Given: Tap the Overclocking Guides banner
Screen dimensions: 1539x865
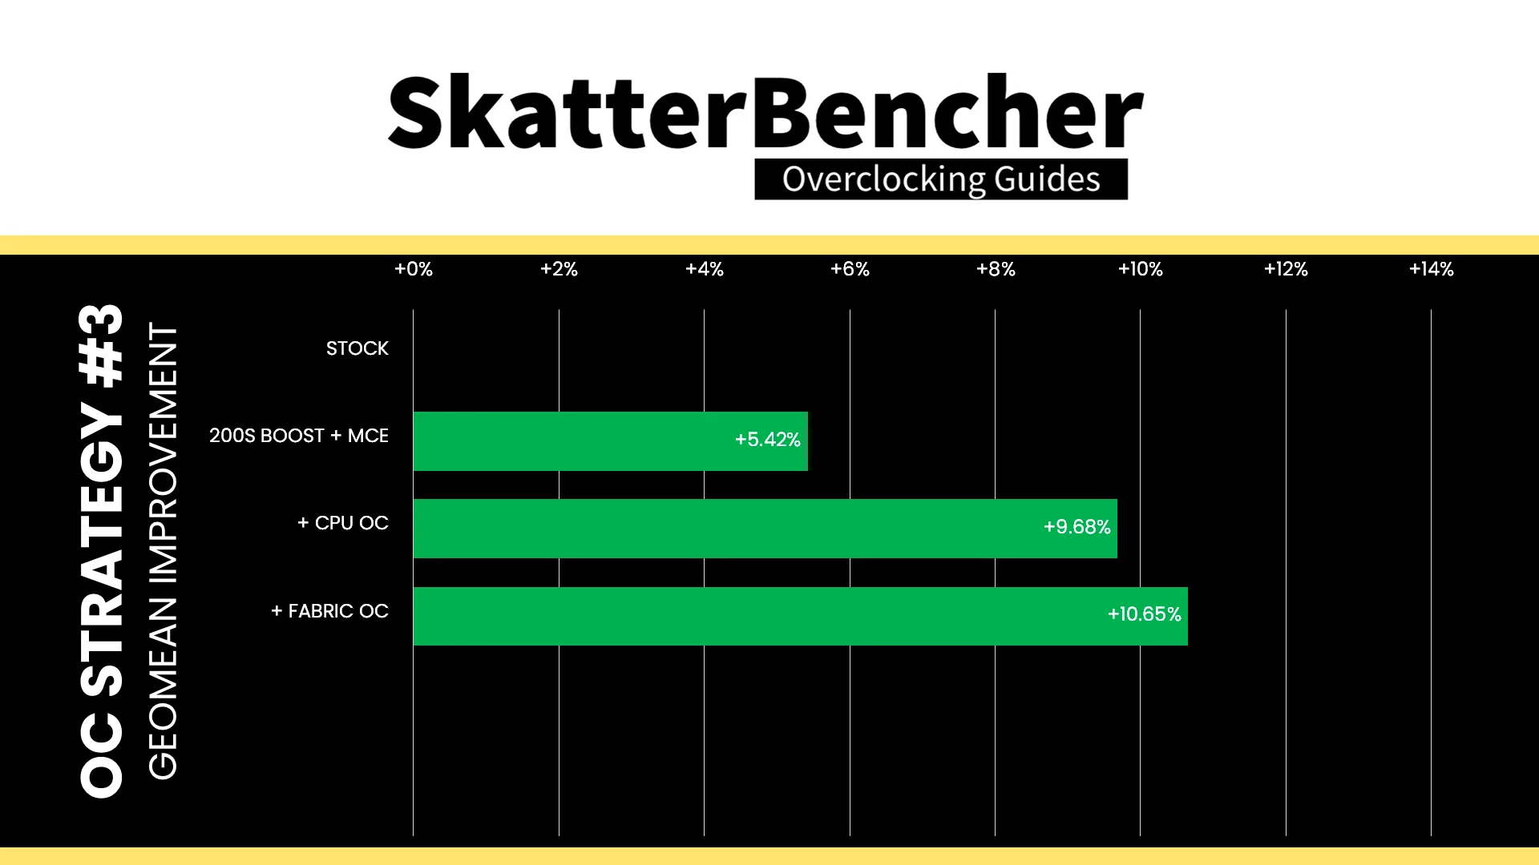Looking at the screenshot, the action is [941, 179].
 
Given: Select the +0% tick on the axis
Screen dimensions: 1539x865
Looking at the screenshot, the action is [414, 269].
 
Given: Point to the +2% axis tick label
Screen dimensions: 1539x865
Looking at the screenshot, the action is [559, 269].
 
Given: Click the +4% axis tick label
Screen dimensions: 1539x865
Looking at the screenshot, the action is [705, 269].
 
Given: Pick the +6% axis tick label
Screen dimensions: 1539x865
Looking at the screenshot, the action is [850, 269].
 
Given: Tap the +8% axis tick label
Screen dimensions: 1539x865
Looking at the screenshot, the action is [996, 269].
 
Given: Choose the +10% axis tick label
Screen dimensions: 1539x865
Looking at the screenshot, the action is [1141, 269].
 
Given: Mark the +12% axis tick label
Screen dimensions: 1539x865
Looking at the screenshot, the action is [1286, 269].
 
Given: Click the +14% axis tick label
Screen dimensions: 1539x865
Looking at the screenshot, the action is [1432, 269].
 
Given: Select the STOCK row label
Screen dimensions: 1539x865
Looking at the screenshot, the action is [357, 348].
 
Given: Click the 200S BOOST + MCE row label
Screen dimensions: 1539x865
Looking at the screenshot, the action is [299, 436].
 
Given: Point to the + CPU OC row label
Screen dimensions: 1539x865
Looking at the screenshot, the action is [343, 523].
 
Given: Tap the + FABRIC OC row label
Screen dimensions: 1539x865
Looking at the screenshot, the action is [329, 611].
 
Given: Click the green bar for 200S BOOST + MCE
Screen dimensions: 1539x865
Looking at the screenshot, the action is [611, 441].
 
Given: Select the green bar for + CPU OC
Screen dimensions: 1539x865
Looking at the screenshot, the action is [765, 529].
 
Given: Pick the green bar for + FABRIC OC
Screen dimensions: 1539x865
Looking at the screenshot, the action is [801, 616].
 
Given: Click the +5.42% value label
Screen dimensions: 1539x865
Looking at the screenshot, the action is [768, 440].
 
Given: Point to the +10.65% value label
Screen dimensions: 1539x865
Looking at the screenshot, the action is [1145, 614].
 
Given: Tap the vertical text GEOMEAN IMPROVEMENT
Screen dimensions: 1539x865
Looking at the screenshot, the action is [163, 551].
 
